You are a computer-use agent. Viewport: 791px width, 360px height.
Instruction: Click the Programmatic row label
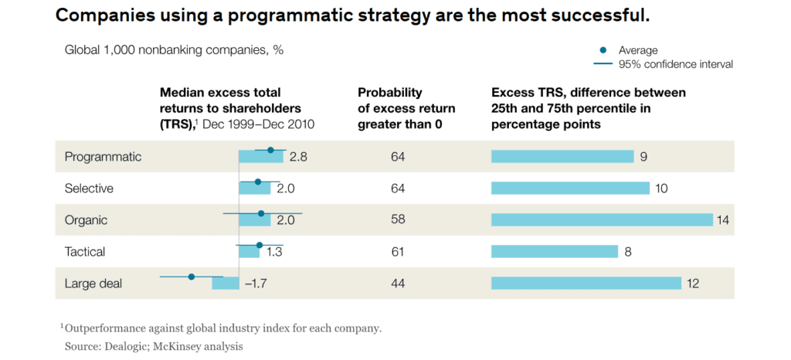103,157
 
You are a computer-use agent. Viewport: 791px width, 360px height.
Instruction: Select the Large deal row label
93,284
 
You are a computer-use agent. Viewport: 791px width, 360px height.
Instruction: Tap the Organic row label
86,220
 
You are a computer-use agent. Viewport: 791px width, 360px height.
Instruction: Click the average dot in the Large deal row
192,277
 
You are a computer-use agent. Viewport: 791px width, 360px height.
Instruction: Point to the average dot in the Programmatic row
270,150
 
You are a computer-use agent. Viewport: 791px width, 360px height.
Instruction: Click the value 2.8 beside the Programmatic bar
298,157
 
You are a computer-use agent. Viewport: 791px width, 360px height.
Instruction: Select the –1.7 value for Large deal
256,284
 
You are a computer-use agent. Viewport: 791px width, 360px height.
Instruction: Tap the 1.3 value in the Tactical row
275,252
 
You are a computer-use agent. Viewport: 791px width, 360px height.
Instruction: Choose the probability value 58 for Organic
398,220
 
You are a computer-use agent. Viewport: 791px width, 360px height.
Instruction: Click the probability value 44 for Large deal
398,284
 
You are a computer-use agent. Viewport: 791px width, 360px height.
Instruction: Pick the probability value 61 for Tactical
398,252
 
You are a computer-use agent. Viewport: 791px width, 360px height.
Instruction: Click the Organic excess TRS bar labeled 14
602,220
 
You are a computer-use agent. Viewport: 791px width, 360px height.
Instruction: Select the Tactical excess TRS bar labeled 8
555,252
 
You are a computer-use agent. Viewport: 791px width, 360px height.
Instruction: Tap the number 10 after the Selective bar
661,188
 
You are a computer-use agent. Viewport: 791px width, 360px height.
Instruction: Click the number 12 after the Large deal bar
693,284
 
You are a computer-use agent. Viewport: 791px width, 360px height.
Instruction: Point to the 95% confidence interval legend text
676,64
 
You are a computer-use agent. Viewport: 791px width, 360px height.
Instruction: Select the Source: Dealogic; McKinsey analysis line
154,347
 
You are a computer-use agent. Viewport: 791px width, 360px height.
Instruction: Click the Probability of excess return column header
406,108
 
